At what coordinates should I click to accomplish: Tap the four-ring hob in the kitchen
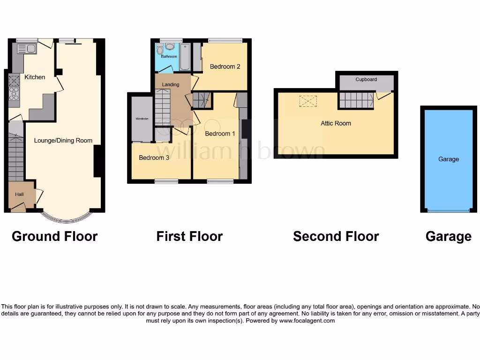(14, 94)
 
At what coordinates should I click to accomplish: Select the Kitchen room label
(35, 77)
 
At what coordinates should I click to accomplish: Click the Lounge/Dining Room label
(63, 140)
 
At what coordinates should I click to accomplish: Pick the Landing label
(170, 84)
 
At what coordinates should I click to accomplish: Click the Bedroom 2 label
(225, 67)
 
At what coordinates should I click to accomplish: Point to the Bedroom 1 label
(220, 134)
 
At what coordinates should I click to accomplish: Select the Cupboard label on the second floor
(366, 80)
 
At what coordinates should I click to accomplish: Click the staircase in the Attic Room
(356, 100)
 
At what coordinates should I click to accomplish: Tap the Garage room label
(448, 159)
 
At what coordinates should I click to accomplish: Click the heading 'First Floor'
(189, 236)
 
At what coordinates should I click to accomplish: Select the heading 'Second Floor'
(336, 236)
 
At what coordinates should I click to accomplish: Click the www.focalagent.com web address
(307, 321)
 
